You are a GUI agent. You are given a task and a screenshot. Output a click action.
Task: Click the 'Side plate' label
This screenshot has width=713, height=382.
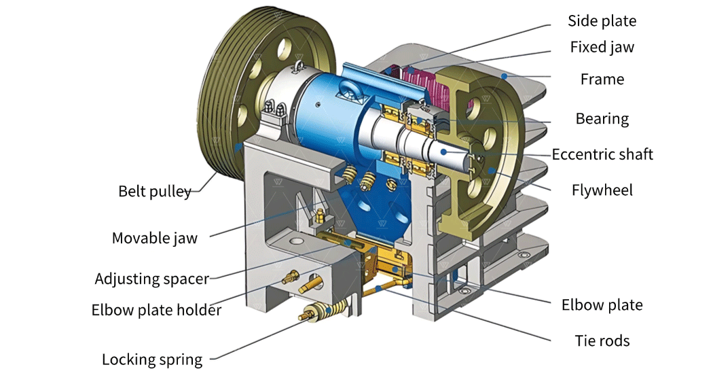point(602,21)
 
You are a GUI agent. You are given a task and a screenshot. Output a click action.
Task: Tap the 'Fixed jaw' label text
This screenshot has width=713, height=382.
point(602,48)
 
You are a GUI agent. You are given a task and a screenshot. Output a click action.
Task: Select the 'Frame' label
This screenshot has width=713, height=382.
point(602,80)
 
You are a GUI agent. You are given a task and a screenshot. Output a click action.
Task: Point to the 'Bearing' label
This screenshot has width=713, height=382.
point(602,119)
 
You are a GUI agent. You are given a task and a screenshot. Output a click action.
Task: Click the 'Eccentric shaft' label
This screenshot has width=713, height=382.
point(602,154)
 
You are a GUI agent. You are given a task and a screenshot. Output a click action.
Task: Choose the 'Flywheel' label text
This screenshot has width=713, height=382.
point(602,190)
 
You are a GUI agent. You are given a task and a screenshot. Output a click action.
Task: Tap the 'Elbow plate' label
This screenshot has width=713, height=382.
point(602,305)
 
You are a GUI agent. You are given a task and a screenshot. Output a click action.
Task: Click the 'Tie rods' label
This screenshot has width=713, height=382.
point(602,341)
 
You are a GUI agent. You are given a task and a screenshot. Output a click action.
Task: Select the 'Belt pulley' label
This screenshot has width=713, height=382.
point(155,191)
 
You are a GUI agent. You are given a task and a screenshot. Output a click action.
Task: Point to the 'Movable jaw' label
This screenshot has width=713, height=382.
point(155,238)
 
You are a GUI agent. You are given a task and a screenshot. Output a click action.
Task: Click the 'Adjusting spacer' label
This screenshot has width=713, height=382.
point(152,279)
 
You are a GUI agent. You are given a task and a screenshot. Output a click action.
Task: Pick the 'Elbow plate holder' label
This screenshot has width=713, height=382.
point(156,311)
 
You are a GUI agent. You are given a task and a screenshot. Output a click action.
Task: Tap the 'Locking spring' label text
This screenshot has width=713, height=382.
point(152,360)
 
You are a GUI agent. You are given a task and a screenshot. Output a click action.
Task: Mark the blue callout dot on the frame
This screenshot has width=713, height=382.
point(504,77)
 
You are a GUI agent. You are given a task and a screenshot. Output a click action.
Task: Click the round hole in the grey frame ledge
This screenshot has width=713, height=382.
point(296,241)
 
